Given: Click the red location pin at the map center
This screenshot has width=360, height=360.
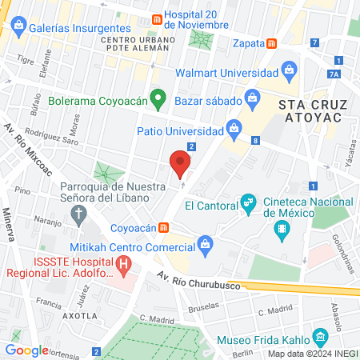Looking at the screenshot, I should tap(180, 165).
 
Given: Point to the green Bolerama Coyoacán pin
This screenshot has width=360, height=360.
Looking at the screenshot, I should tap(158, 101).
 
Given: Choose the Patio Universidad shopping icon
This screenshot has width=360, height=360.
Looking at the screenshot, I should tap(233, 126).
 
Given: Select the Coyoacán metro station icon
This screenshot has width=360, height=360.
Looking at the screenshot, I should tap(163, 227).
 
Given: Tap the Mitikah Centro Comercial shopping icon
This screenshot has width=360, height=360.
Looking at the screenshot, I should tap(206, 243).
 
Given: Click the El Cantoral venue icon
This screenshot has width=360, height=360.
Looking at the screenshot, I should tap(248, 204).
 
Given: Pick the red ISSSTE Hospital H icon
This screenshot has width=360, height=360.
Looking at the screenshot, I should tap(123, 263).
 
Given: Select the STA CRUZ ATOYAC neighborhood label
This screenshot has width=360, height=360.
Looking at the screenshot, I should tap(310, 111).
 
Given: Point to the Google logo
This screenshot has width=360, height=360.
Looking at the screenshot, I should tap(27, 350).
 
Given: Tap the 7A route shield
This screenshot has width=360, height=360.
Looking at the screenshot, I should tap(334, 74).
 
